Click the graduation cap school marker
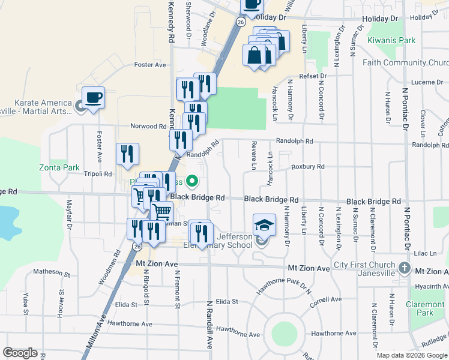[x=264, y=225]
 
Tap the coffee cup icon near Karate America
[x=93, y=97]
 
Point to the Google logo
[x=20, y=353]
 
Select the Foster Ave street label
[x=150, y=65]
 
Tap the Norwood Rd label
[x=149, y=127]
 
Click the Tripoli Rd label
[x=99, y=174]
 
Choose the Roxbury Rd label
[x=308, y=167]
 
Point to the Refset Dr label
[x=315, y=76]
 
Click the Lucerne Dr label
[x=426, y=82]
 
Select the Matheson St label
[x=52, y=272]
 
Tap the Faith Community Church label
[x=405, y=63]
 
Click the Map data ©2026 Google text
[x=412, y=355]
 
